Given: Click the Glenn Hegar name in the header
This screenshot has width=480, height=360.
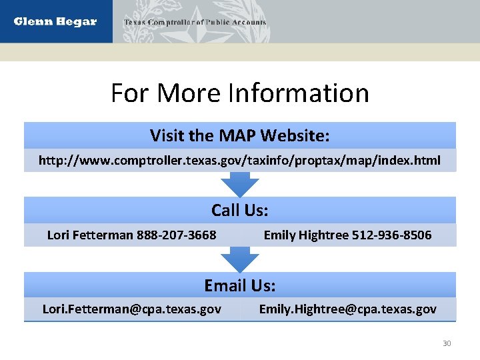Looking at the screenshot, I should pos(55,21).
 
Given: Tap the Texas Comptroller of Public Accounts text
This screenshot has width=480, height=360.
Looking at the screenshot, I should pos(195,22).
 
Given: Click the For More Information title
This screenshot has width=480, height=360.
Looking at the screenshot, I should pos(240,93).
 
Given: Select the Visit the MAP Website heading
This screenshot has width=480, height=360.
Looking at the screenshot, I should pos(240,136).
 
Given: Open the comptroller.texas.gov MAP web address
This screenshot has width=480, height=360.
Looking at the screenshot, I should pos(240,161).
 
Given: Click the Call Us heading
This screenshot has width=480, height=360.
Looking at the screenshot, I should pos(240,211).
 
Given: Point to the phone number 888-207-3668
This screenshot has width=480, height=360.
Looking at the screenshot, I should pos(176,235).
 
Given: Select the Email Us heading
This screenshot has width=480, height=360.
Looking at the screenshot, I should pos(240,286).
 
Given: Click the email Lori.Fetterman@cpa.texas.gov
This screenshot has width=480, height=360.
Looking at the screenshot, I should pos(132,309).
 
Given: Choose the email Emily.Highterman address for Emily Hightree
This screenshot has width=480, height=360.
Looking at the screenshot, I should pos(347,309).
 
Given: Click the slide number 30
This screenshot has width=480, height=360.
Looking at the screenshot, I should pos(447,343).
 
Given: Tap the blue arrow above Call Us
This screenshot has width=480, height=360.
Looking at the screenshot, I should pos(240,185).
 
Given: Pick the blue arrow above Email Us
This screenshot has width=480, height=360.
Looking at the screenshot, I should pos(240,259).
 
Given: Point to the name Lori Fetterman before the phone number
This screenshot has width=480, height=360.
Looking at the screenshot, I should pos(90,235).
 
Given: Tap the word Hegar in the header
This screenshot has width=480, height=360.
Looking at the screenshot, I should pos(79,21).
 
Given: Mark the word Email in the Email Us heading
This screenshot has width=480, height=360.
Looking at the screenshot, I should pos(226,286).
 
